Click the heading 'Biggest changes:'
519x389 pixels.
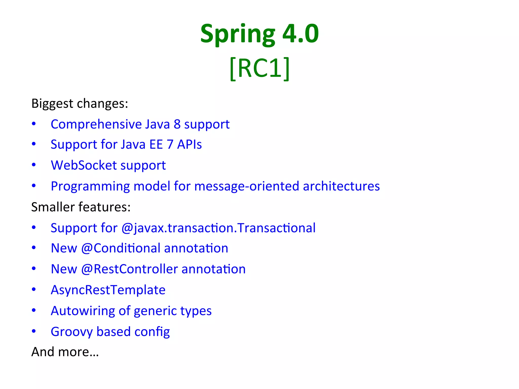coord(80,104)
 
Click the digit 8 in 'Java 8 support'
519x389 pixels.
coord(177,124)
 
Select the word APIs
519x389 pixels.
coord(189,145)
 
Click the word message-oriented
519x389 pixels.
coord(247,186)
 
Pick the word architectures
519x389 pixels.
coord(341,186)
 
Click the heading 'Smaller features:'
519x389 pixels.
coord(81,207)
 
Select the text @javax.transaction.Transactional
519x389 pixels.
coord(218,228)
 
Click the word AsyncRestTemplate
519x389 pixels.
coord(108,290)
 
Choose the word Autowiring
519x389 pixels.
coord(83,311)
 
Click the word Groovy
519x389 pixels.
coord(71,332)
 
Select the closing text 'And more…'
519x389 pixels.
coord(65,352)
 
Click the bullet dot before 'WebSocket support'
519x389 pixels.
coord(34,165)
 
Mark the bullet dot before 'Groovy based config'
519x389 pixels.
coord(34,331)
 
